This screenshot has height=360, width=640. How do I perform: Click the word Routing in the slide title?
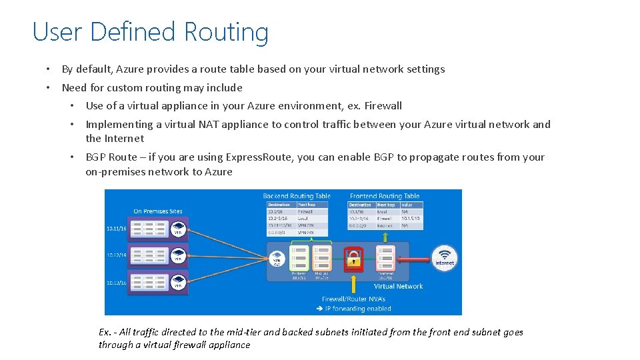pyautogui.click(x=226, y=32)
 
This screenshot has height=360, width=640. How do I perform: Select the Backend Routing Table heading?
pyautogui.click(x=297, y=196)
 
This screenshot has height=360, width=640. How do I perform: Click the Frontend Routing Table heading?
pyautogui.click(x=385, y=196)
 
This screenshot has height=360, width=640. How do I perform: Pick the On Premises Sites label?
pyautogui.click(x=157, y=211)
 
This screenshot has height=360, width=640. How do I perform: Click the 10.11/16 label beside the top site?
pyautogui.click(x=116, y=229)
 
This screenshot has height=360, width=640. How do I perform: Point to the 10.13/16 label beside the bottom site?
pyautogui.click(x=116, y=283)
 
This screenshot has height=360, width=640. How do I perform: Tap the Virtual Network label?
pyautogui.click(x=398, y=286)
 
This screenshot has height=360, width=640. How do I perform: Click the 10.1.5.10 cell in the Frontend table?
pyautogui.click(x=409, y=219)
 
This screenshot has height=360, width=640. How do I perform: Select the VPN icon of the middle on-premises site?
pyautogui.click(x=179, y=256)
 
